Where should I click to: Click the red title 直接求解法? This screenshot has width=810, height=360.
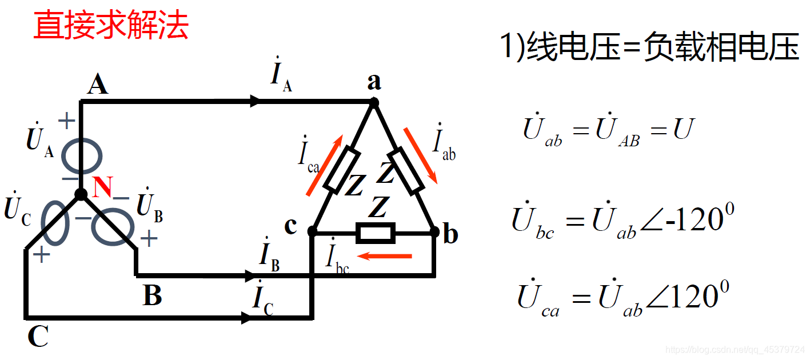[x=111, y=27]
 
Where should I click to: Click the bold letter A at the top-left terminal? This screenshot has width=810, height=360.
[x=98, y=85]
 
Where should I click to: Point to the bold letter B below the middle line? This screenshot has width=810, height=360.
[x=152, y=296]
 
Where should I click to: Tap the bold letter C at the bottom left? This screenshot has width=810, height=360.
[x=38, y=337]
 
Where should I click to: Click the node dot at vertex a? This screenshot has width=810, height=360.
[x=374, y=102]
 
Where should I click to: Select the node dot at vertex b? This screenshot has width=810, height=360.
[x=434, y=231]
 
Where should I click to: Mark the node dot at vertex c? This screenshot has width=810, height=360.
[x=312, y=231]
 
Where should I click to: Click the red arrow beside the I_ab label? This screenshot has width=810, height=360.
[x=421, y=155]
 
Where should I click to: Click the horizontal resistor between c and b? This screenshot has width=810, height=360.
[x=375, y=233]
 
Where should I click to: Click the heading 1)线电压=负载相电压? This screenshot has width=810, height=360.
[x=649, y=47]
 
